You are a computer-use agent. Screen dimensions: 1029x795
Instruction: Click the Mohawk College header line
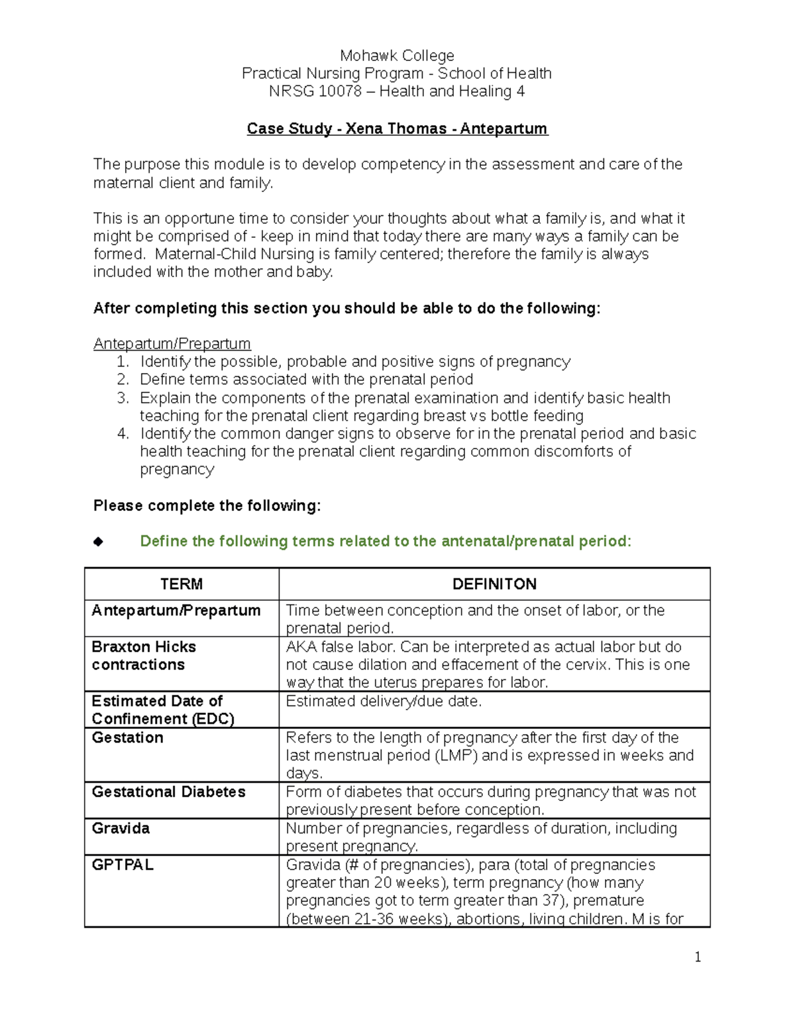pos(397,56)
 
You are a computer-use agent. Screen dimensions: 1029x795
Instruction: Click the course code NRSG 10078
pos(315,91)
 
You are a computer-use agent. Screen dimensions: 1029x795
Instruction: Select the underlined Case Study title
pos(397,129)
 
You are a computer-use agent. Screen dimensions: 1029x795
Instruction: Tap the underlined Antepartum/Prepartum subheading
pos(172,344)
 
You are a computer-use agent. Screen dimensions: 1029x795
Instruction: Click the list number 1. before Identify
pos(122,362)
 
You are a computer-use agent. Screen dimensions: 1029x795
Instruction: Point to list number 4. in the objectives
pos(123,434)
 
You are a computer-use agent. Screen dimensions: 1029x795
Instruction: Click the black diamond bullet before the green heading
pos(99,542)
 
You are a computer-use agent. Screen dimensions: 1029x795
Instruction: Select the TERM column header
pos(181,584)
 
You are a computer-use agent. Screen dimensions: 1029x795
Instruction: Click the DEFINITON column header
pos(494,584)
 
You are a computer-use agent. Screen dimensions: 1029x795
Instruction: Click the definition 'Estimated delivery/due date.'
pos(384,702)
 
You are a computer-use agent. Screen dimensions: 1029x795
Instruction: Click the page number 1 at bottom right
pos(697,957)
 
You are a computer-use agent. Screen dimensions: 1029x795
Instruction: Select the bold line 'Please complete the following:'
pos(207,506)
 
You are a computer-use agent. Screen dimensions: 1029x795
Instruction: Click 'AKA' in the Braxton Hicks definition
pos(301,647)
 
